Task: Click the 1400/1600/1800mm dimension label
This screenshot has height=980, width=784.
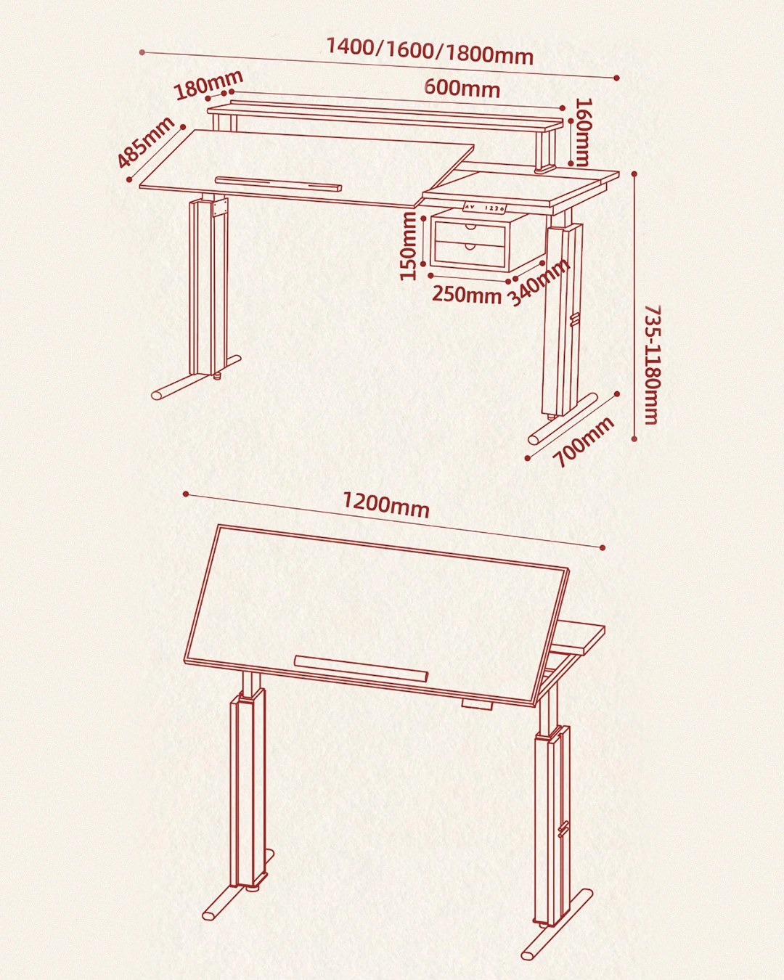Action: [x=430, y=51]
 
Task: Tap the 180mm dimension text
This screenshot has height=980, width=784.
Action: [x=209, y=85]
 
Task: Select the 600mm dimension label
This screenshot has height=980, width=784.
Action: [x=462, y=88]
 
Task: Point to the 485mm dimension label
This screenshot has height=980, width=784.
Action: [x=145, y=142]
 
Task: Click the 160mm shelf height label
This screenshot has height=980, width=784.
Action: [x=583, y=132]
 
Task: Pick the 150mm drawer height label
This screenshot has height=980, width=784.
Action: [x=408, y=246]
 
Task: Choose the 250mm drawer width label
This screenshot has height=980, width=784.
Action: [x=466, y=295]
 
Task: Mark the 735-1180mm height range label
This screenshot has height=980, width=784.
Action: [x=653, y=364]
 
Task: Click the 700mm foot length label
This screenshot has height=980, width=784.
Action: [x=584, y=442]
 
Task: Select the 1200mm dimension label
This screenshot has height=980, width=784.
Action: [x=386, y=504]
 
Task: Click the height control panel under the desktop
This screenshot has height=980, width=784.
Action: [x=484, y=208]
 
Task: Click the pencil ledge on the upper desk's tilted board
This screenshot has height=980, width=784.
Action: [x=278, y=184]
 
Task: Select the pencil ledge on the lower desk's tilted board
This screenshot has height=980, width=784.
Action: [x=362, y=669]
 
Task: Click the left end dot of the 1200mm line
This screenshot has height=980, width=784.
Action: [x=185, y=494]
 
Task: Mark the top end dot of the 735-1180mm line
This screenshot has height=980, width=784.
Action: [x=635, y=173]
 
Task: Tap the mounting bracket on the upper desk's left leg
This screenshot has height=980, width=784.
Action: [x=219, y=207]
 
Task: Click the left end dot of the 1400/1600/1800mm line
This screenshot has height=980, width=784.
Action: [x=142, y=53]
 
